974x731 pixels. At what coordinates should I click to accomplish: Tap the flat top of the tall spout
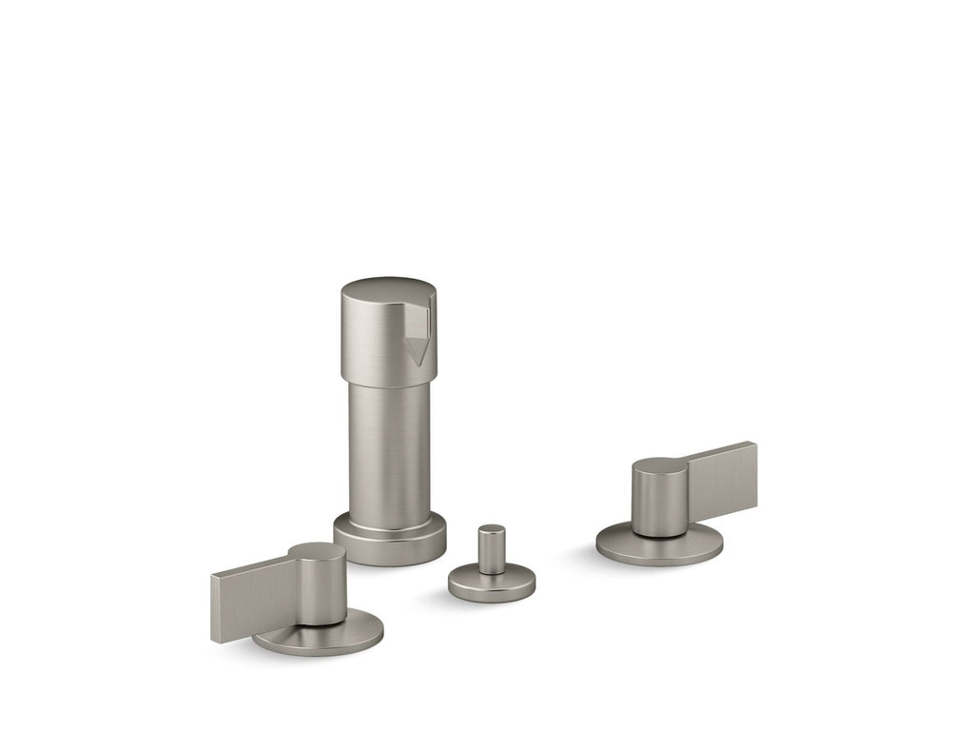point(385,289)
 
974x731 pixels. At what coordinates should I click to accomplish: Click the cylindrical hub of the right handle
point(658,500)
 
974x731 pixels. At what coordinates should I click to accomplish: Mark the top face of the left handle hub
point(317,553)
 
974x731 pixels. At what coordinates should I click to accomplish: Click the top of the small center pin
point(492,530)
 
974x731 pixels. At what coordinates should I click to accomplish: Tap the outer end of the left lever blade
point(216,608)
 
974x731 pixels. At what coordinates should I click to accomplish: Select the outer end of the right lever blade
point(751,472)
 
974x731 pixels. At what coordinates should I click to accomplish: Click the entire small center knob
point(492,566)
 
